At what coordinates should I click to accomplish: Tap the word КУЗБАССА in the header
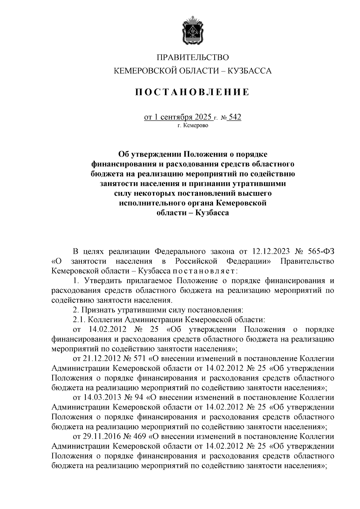tap(250, 71)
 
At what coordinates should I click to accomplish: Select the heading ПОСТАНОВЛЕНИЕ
tap(192, 92)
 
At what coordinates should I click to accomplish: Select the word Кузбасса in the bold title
tap(212, 213)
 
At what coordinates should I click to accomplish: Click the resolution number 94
tap(139, 397)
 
